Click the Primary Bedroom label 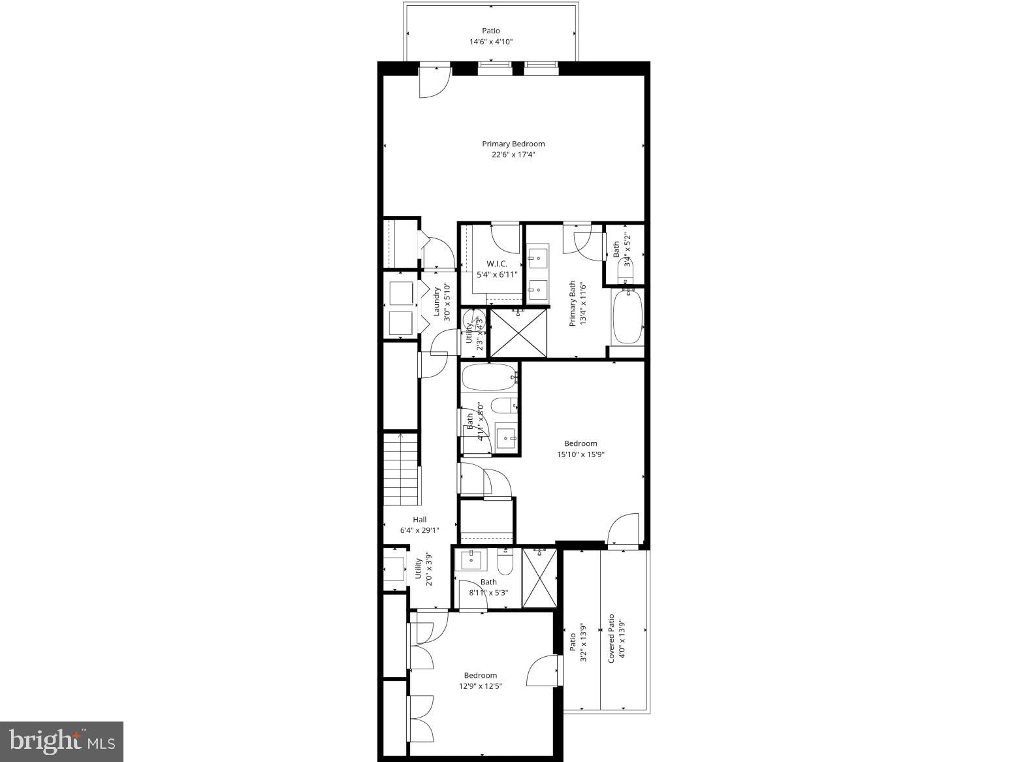click(513, 144)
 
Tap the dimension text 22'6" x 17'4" click(513, 155)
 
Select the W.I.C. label click(496, 264)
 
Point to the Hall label click(419, 520)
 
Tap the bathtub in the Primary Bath click(627, 316)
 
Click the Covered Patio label click(611, 639)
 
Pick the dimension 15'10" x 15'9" click(580, 455)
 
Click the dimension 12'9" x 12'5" click(481, 686)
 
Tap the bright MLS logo click(62, 742)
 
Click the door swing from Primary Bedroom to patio click(433, 83)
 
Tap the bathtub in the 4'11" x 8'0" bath click(489, 377)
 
